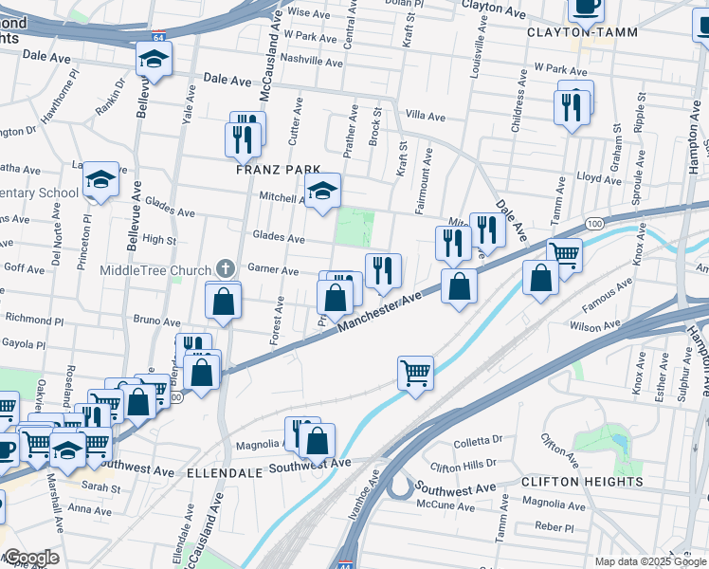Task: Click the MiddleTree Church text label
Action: click(x=156, y=269)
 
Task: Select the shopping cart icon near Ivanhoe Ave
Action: click(x=415, y=371)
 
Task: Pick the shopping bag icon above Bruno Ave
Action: click(x=223, y=302)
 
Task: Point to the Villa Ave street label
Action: click(x=425, y=117)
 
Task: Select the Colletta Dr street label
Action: click(x=478, y=440)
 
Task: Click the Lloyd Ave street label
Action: click(x=599, y=177)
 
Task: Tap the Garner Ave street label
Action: click(x=273, y=269)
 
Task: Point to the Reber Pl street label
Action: click(x=548, y=525)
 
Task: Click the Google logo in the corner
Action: click(x=30, y=559)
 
